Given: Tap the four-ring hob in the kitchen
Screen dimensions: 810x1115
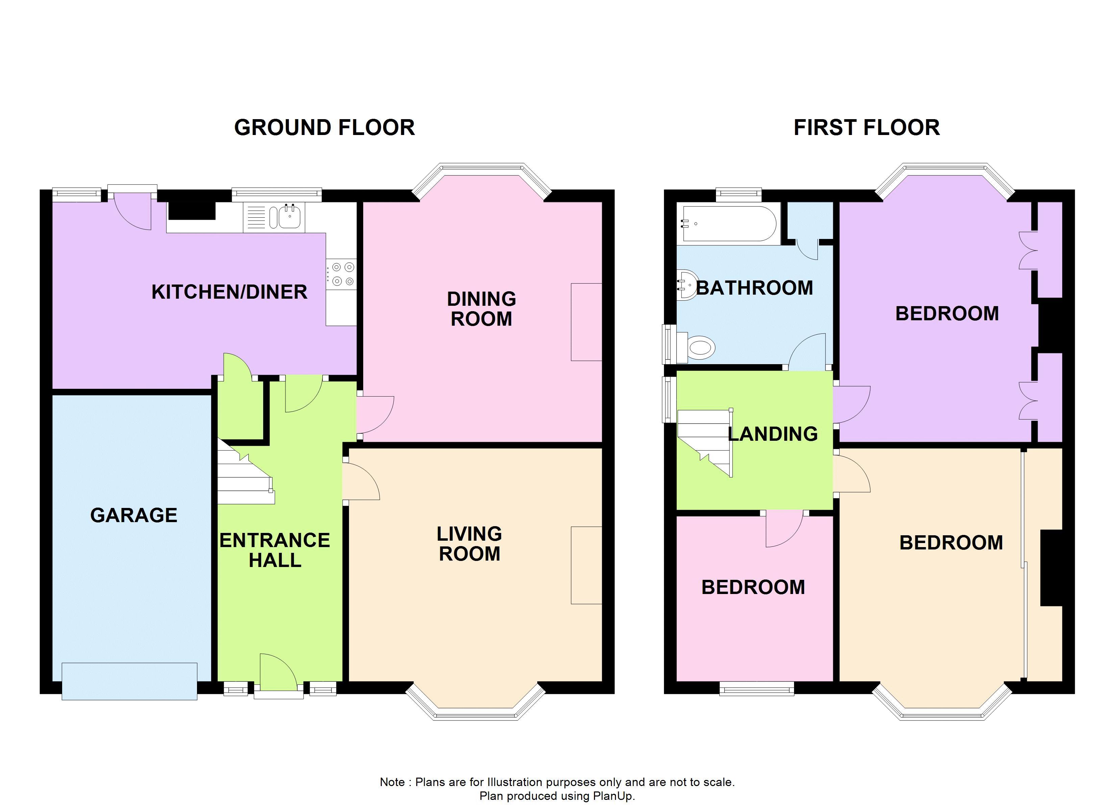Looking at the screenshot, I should pos(342,274).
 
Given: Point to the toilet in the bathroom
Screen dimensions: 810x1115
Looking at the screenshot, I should pos(699,348).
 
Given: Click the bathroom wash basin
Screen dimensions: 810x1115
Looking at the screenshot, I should pos(687,284).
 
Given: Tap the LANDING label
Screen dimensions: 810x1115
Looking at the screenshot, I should pos(772,434).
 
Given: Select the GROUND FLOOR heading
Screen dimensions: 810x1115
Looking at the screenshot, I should pos(324,128).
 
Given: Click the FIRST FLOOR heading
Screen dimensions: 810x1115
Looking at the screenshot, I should pos(866,128).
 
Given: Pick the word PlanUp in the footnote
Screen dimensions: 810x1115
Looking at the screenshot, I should pos(612,796).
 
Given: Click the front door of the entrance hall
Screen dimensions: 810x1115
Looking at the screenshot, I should pos(278,675).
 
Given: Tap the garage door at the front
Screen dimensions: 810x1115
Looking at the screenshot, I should pos(129,681).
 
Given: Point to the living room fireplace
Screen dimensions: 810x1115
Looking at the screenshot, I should pos(586,565).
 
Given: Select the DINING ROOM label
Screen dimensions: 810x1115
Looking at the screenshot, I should pos(481,309).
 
